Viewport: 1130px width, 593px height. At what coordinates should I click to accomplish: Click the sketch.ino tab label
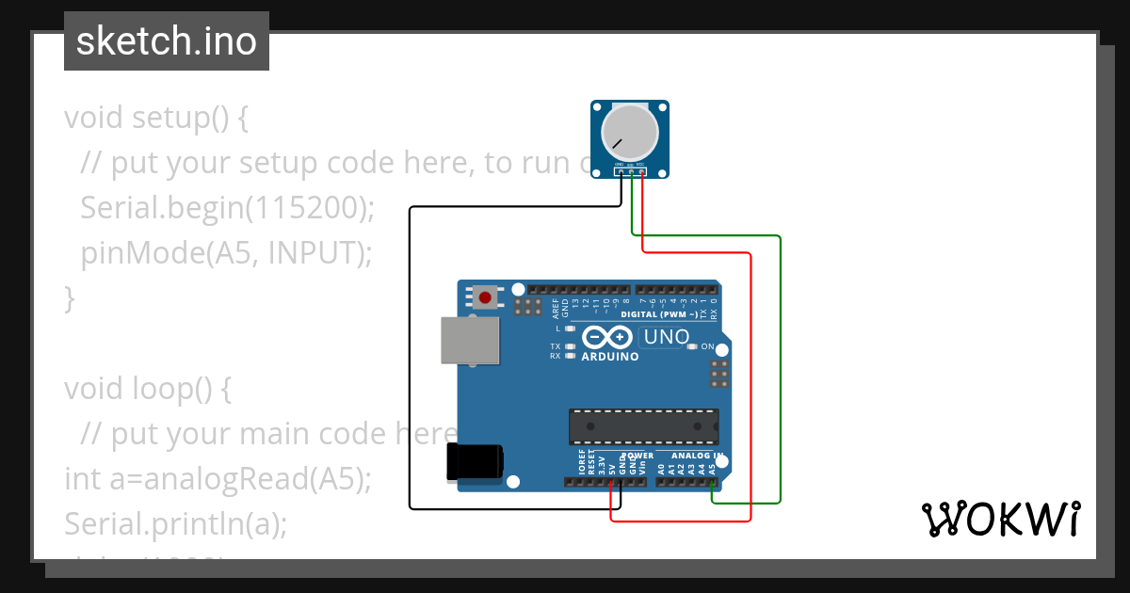pyautogui.click(x=166, y=41)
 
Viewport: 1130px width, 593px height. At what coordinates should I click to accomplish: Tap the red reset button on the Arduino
pyautogui.click(x=485, y=298)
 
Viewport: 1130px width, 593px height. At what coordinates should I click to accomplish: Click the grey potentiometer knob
pyautogui.click(x=630, y=132)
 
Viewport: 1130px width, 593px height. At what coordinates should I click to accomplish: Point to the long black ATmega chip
pyautogui.click(x=643, y=426)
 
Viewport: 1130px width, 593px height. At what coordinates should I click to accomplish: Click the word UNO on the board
pyautogui.click(x=667, y=336)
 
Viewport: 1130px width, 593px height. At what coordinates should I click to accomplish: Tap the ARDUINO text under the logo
pyautogui.click(x=610, y=357)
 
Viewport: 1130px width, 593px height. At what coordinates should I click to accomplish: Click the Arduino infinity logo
pyautogui.click(x=607, y=337)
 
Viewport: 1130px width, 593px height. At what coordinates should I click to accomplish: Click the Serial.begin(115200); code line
pyautogui.click(x=227, y=208)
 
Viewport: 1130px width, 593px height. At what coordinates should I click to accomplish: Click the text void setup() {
pyautogui.click(x=156, y=118)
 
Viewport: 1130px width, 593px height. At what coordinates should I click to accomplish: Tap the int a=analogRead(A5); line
pyautogui.click(x=218, y=479)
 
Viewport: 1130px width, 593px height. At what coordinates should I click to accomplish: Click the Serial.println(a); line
pyautogui.click(x=175, y=524)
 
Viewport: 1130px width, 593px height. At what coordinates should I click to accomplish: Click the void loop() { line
pyautogui.click(x=147, y=389)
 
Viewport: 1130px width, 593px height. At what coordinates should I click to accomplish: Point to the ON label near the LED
pyautogui.click(x=708, y=346)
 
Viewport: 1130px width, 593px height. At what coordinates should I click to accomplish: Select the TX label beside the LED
pyautogui.click(x=556, y=346)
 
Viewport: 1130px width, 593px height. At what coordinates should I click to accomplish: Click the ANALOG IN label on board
pyautogui.click(x=697, y=456)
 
